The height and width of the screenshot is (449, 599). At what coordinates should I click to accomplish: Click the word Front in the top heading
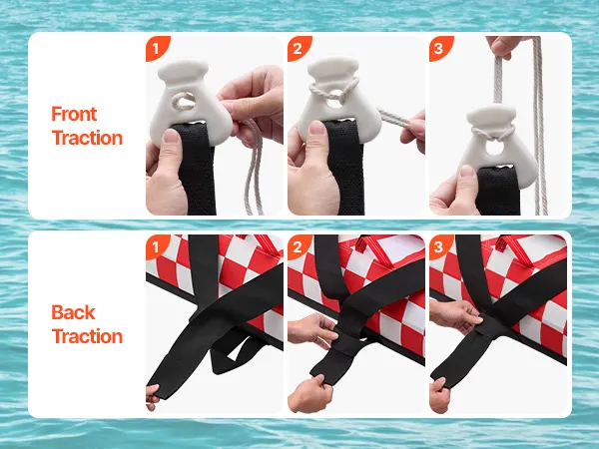pyautogui.click(x=74, y=114)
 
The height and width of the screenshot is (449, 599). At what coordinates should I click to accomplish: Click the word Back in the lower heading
pyautogui.click(x=73, y=312)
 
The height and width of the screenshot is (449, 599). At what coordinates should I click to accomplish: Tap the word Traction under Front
pyautogui.click(x=87, y=138)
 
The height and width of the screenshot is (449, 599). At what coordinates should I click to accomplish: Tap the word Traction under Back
pyautogui.click(x=87, y=336)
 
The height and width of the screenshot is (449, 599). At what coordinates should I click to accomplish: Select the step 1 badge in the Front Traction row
pyautogui.click(x=157, y=48)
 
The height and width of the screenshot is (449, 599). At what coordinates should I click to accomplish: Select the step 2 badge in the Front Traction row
pyautogui.click(x=298, y=48)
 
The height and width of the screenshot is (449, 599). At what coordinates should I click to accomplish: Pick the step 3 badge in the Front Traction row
pyautogui.click(x=439, y=48)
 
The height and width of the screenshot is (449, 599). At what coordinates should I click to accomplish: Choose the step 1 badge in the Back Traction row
pyautogui.click(x=156, y=246)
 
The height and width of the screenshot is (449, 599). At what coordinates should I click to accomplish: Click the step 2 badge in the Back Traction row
pyautogui.click(x=298, y=246)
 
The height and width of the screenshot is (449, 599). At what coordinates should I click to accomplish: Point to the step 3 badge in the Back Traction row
pyautogui.click(x=439, y=246)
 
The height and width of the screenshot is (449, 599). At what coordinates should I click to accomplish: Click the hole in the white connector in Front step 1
pyautogui.click(x=185, y=101)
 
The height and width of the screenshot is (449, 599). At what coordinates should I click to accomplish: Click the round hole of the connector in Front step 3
pyautogui.click(x=495, y=148)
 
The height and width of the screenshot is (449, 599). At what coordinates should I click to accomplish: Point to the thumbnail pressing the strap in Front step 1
pyautogui.click(x=171, y=136)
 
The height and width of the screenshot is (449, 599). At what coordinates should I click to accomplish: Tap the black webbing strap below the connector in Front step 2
pyautogui.click(x=344, y=168)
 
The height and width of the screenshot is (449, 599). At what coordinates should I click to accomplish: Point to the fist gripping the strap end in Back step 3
pyautogui.click(x=440, y=395)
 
